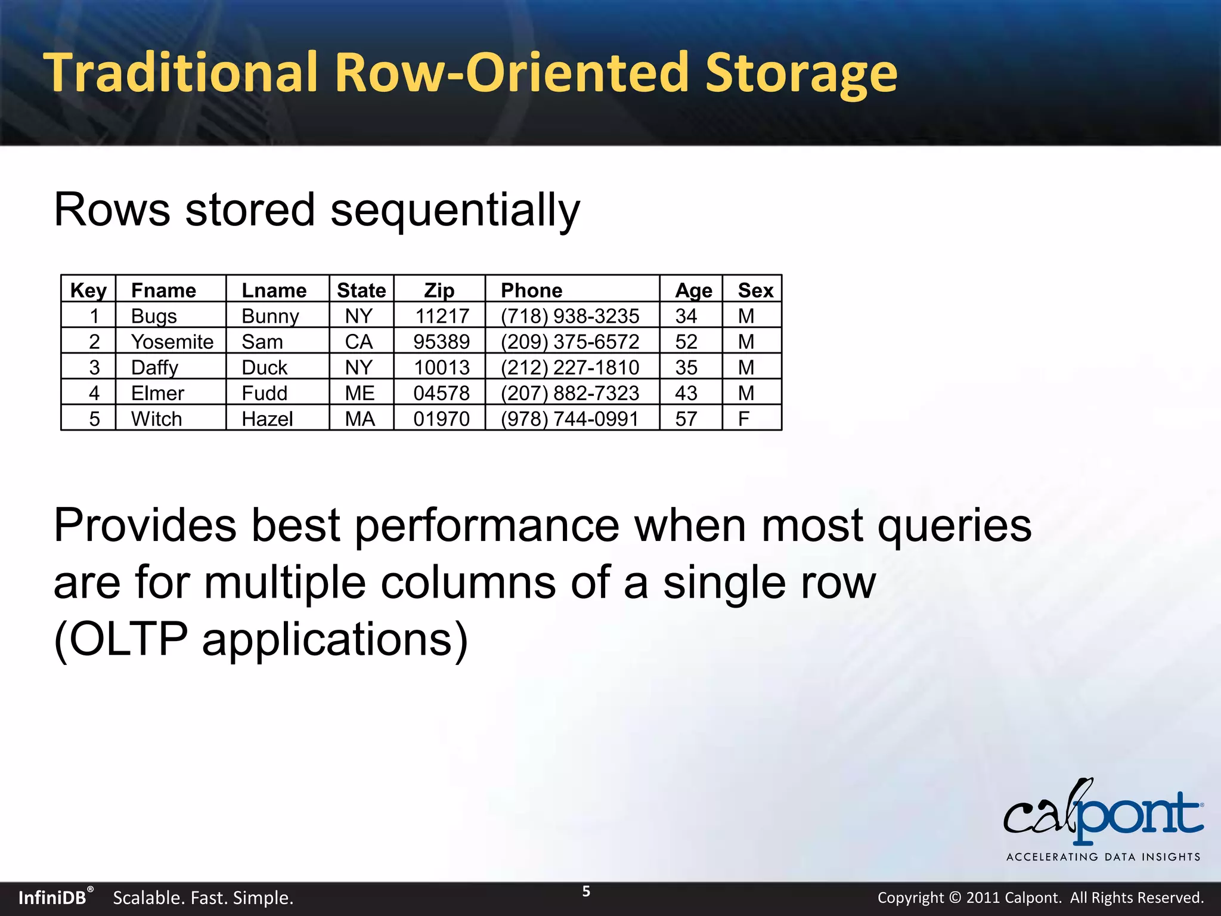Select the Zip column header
(x=439, y=290)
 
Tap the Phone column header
(x=531, y=290)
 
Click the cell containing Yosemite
(x=172, y=342)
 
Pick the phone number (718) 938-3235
(x=569, y=316)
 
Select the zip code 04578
(x=441, y=394)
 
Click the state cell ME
(x=360, y=394)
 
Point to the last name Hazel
(x=267, y=419)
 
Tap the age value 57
(x=686, y=419)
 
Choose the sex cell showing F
(x=743, y=419)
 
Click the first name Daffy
(x=154, y=368)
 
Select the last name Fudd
(x=264, y=394)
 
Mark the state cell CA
(x=358, y=342)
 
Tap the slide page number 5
(x=586, y=892)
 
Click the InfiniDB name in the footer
(x=52, y=898)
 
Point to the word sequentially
(x=455, y=211)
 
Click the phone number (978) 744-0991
(x=569, y=419)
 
